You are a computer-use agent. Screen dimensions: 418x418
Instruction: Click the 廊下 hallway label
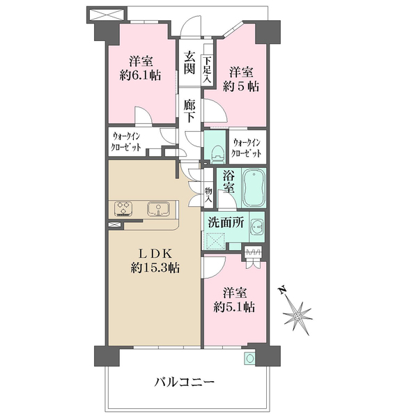click(189, 111)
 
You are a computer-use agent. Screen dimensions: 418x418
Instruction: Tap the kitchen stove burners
click(124, 208)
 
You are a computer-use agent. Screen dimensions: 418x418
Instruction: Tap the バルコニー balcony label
click(184, 382)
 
